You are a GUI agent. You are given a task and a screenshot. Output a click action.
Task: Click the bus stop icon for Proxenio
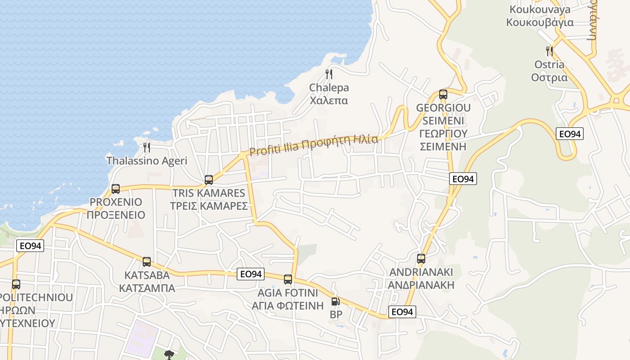(x=116, y=189)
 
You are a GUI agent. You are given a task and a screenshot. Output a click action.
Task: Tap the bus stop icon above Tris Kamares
(x=209, y=180)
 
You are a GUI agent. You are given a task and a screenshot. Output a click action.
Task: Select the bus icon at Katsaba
(x=146, y=262)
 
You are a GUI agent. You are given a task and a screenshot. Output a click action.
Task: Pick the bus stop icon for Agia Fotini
(x=288, y=279)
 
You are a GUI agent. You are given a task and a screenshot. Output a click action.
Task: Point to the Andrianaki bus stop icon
(x=421, y=259)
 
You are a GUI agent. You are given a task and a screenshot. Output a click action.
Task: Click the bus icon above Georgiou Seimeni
(x=443, y=94)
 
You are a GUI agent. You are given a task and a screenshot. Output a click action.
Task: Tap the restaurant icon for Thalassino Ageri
(x=146, y=147)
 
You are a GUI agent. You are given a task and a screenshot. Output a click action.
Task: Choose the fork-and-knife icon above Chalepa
(x=329, y=74)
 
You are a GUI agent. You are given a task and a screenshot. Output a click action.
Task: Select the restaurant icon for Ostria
(x=549, y=51)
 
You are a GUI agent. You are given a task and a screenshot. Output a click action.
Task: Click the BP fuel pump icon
(x=335, y=302)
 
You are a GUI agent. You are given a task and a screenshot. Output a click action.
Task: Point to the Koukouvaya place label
(x=540, y=9)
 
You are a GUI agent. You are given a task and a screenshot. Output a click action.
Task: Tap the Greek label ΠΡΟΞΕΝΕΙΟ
(x=116, y=215)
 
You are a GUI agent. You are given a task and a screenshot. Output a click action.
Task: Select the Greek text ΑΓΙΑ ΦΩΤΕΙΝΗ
(x=288, y=306)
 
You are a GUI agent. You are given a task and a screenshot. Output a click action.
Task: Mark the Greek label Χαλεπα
(x=329, y=100)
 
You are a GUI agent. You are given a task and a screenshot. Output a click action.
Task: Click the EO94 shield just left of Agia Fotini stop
(x=251, y=274)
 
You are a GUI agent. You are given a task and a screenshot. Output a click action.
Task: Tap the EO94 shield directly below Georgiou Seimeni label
(x=463, y=179)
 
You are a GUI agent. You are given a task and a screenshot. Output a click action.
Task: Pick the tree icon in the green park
(x=169, y=355)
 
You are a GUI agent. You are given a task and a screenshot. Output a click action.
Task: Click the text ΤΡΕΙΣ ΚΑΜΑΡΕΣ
(x=209, y=206)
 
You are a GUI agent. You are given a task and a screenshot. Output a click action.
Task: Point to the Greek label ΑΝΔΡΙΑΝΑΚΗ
(x=421, y=285)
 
